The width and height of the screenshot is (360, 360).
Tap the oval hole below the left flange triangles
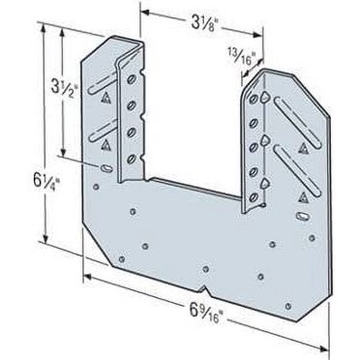click(x=101, y=168)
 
